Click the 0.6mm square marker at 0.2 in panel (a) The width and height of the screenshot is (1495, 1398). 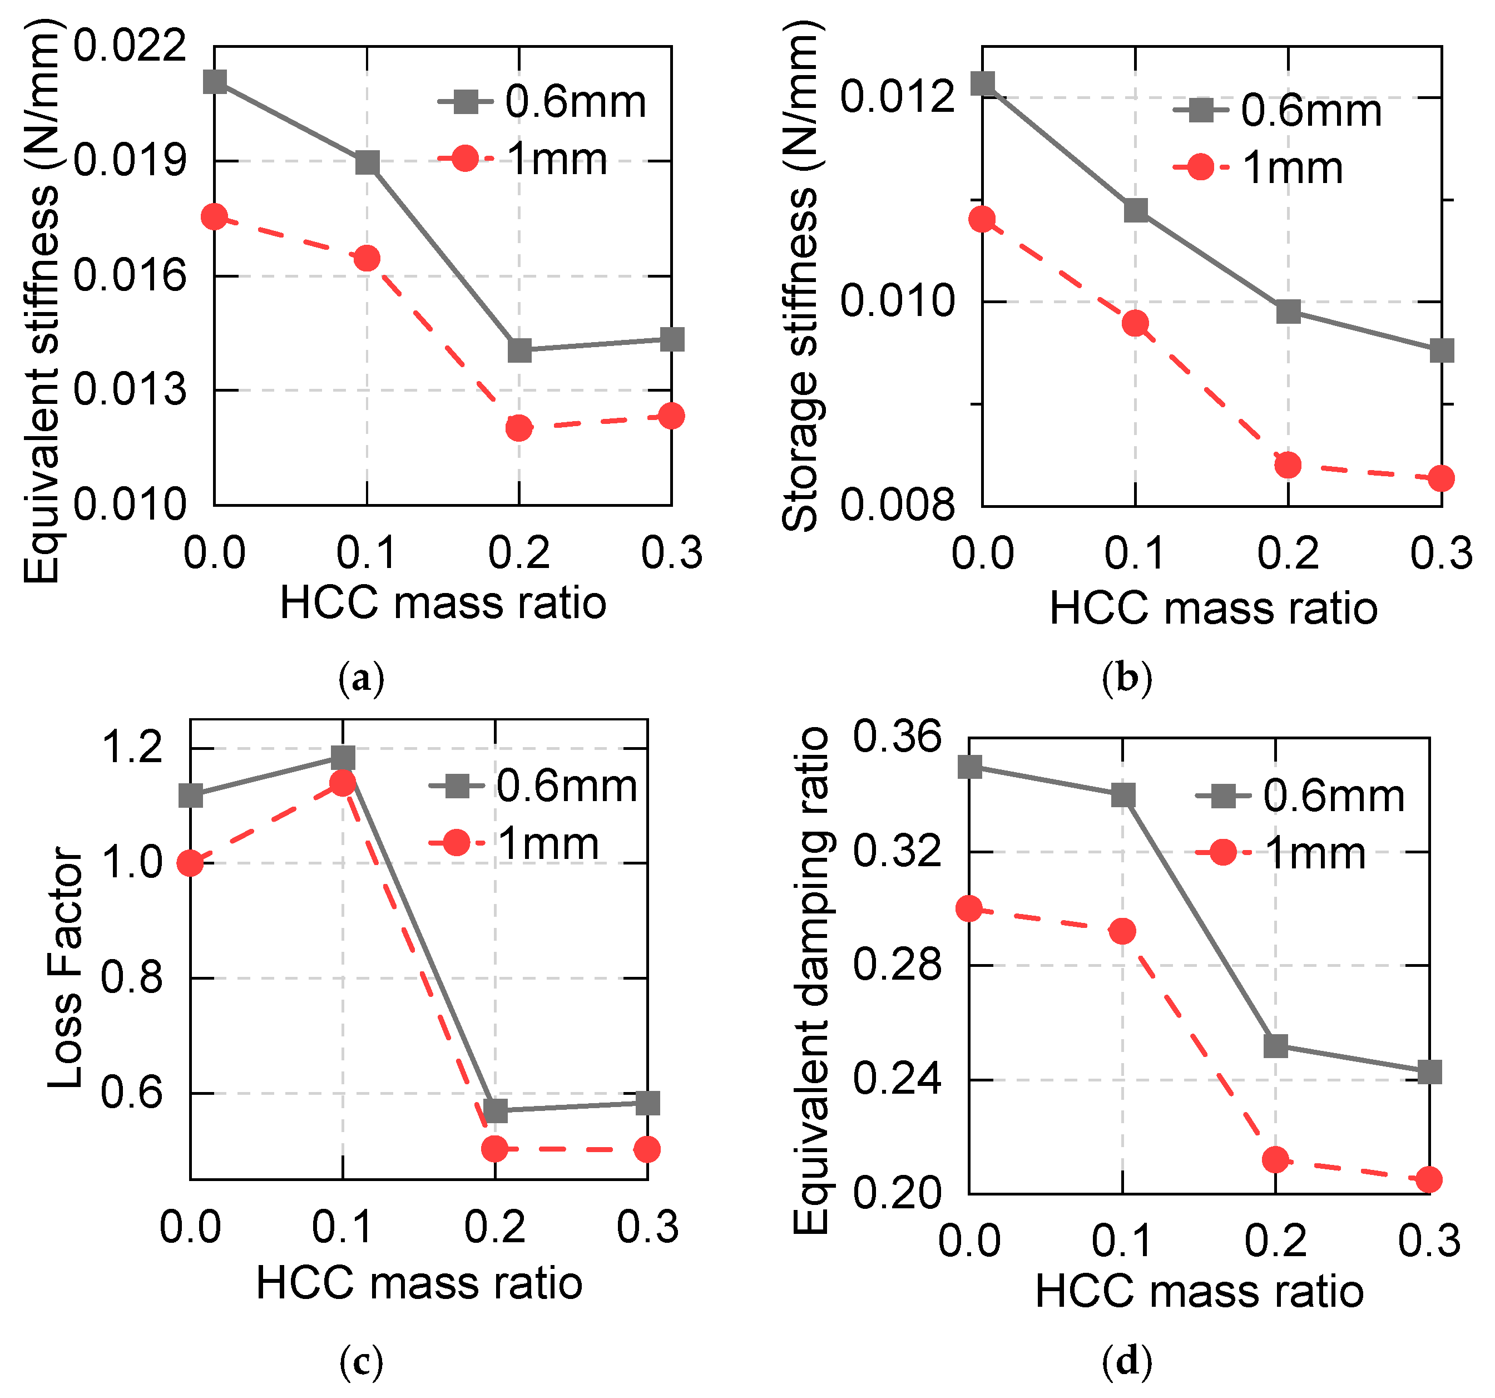click(x=519, y=350)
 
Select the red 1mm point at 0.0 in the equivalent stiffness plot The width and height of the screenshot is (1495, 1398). click(x=214, y=218)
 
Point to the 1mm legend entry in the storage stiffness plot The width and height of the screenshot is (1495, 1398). click(x=1258, y=167)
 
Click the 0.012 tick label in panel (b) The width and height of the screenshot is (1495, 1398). click(x=897, y=97)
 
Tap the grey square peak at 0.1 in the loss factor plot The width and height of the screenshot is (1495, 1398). click(x=343, y=757)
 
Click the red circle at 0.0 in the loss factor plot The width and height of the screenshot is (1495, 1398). click(x=190, y=863)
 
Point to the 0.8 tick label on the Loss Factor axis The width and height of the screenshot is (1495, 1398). click(x=132, y=979)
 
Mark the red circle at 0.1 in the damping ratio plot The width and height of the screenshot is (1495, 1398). click(x=1123, y=932)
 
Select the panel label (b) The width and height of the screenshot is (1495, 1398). click(x=1126, y=678)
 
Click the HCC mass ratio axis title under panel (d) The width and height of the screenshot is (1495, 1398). click(x=1200, y=1292)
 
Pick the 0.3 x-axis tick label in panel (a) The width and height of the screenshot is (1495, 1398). click(x=671, y=553)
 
